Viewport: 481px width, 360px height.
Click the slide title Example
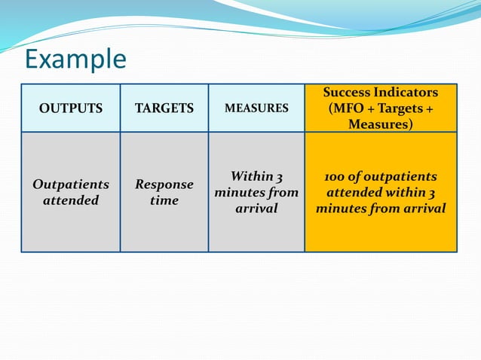pos(75,59)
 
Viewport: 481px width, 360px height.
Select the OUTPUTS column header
pos(71,108)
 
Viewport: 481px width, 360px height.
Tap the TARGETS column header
pos(164,108)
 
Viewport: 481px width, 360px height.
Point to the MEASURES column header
pos(256,108)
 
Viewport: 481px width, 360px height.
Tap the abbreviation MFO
pos(351,108)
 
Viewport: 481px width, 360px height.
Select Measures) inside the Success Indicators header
pos(381,124)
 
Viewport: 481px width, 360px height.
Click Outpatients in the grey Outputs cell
pos(71,185)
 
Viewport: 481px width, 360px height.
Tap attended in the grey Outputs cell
pos(71,200)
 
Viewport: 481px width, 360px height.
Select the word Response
pos(164,185)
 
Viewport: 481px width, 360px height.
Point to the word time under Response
pos(164,200)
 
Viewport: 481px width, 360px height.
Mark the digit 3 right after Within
pos(279,177)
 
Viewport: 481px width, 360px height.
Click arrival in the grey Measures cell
pos(257,209)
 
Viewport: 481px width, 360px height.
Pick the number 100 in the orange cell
pos(336,177)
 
